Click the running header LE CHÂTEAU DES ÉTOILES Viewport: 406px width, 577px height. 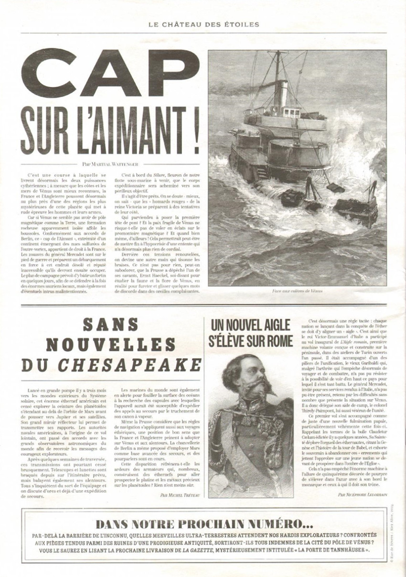(203, 24)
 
